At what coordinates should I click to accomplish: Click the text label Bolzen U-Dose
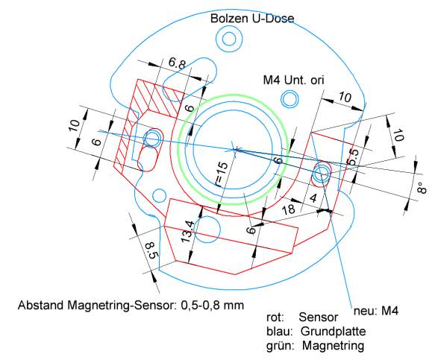click(x=252, y=19)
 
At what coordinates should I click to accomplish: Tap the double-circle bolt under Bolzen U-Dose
click(x=229, y=39)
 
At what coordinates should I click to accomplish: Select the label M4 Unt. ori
click(x=293, y=80)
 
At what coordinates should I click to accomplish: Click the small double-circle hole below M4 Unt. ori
click(x=290, y=99)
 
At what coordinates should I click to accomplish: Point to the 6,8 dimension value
click(x=177, y=63)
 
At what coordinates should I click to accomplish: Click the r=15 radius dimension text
click(x=222, y=174)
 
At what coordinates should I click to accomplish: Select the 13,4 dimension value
click(x=187, y=231)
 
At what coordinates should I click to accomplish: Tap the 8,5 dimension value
click(x=152, y=250)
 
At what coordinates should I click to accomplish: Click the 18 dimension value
click(x=288, y=209)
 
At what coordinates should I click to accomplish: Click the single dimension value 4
click(x=313, y=198)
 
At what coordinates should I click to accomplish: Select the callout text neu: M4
click(x=376, y=311)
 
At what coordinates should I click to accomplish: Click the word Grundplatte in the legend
click(x=333, y=331)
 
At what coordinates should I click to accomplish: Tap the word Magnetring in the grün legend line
click(x=333, y=346)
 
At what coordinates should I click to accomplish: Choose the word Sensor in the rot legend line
click(x=318, y=318)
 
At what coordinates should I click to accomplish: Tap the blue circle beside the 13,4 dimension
click(x=207, y=230)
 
